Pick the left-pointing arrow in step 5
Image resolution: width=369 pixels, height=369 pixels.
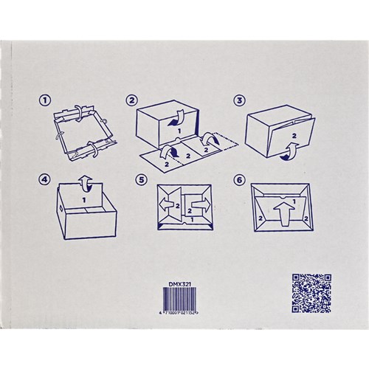pos(170,204)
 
